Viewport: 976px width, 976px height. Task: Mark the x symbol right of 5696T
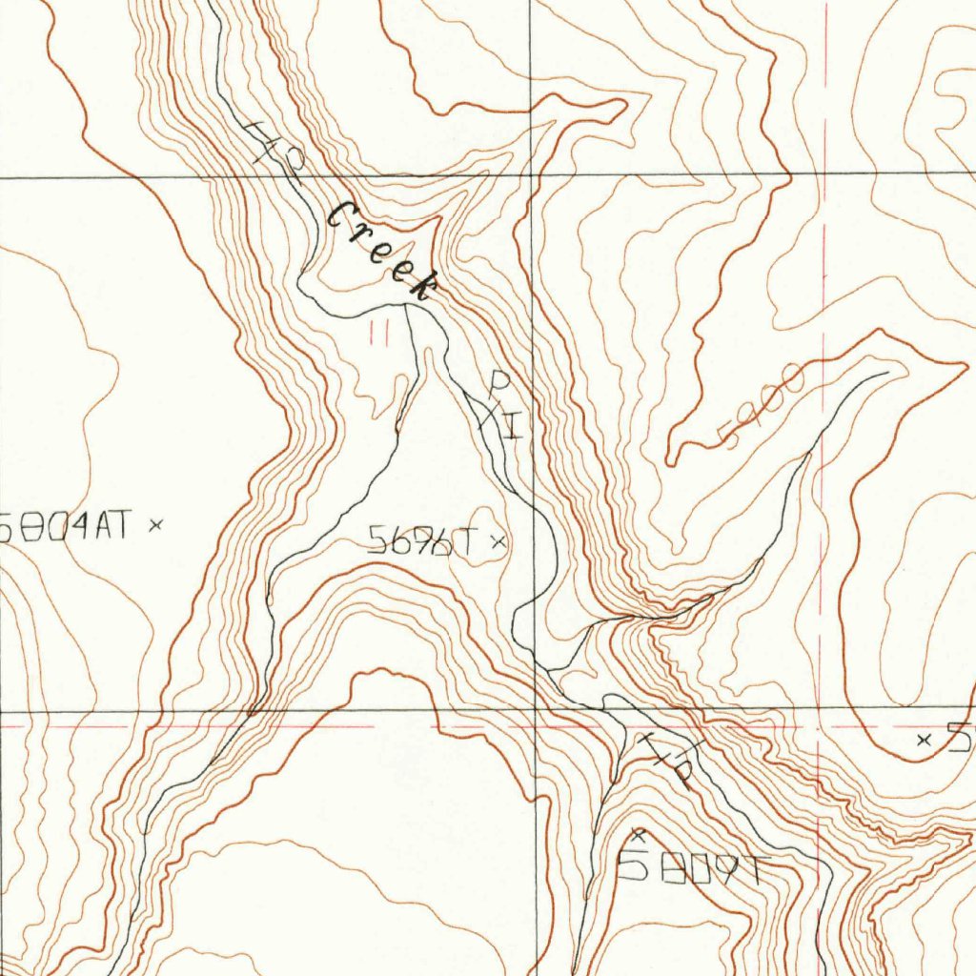(497, 543)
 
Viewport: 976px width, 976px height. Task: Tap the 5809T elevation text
(690, 867)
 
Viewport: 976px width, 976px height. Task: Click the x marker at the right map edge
(922, 739)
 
